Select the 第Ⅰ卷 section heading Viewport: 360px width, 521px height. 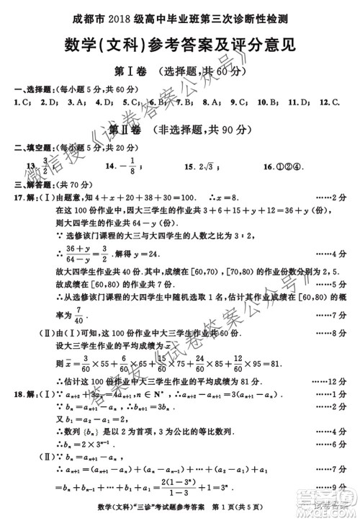[130, 73]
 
